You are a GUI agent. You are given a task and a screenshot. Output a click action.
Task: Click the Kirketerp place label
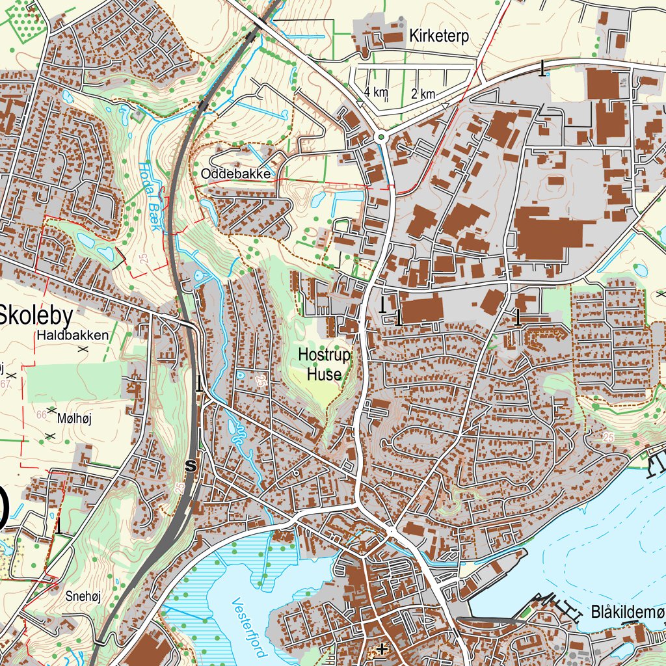tap(439, 36)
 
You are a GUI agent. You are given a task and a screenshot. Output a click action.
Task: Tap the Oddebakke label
tap(235, 174)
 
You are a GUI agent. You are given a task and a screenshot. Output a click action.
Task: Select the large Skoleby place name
tap(44, 315)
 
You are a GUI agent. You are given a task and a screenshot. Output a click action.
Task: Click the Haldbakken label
tap(72, 336)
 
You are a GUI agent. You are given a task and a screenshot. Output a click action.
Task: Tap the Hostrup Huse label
tap(324, 365)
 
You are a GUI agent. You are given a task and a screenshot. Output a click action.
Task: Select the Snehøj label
tap(81, 594)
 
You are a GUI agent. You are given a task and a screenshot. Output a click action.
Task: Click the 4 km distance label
tap(376, 92)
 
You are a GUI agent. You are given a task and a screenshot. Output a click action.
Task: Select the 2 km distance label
tap(423, 94)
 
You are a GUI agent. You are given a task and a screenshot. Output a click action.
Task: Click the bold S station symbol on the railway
tap(191, 466)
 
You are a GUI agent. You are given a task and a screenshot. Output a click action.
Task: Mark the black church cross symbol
tap(382, 648)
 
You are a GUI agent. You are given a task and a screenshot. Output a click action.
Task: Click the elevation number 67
tap(7, 384)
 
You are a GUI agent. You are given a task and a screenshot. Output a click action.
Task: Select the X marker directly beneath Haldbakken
tap(83, 349)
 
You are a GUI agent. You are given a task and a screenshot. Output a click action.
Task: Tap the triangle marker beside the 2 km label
tap(445, 104)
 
